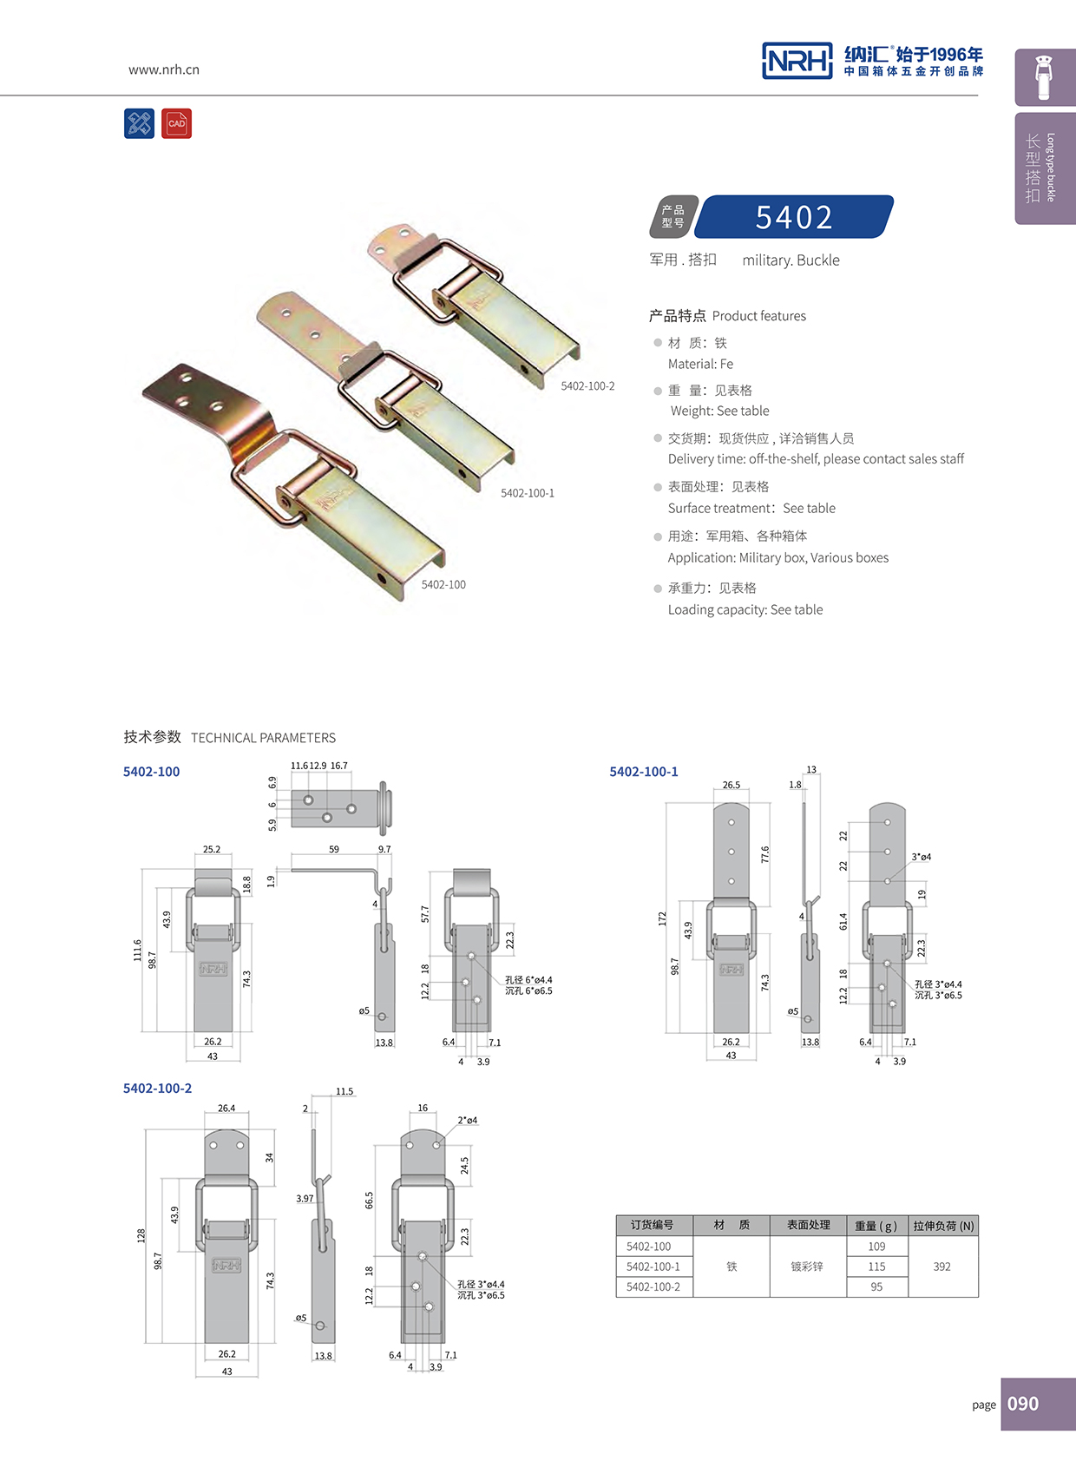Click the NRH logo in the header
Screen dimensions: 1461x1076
(797, 61)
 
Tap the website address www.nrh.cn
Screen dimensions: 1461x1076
(164, 69)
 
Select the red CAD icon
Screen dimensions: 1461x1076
(176, 123)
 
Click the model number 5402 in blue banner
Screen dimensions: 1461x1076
(794, 217)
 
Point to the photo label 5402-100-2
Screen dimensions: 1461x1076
(587, 386)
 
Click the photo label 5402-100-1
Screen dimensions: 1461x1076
(528, 493)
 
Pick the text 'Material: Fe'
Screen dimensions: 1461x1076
(700, 364)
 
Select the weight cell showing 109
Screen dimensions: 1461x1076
(876, 1247)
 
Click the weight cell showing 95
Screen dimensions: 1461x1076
(876, 1287)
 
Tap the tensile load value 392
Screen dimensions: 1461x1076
(941, 1267)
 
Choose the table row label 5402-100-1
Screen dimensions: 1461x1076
(653, 1267)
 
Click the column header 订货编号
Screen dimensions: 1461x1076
(652, 1225)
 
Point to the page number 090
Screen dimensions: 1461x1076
(1023, 1404)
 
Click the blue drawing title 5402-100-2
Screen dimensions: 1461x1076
(157, 1089)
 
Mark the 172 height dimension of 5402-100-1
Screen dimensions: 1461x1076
(662, 918)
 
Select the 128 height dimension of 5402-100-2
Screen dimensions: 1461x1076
(141, 1235)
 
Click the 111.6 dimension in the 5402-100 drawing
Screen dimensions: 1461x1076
(137, 950)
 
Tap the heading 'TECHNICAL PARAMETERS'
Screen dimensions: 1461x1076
(263, 738)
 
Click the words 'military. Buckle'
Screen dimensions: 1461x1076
(791, 260)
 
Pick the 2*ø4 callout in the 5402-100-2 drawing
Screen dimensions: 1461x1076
(467, 1121)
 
